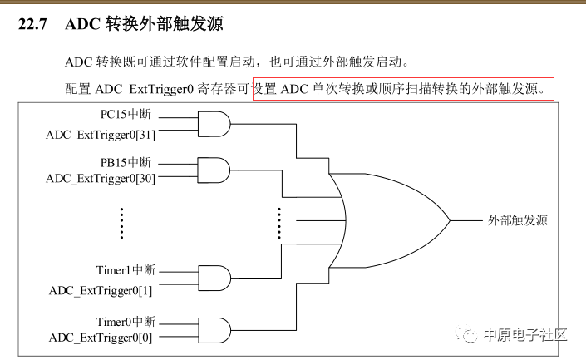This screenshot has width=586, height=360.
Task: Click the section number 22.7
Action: (x=32, y=24)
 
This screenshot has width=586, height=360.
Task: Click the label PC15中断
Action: (x=126, y=114)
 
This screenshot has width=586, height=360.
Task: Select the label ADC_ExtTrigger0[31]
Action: (x=101, y=135)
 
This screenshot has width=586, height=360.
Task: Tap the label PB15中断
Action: (x=126, y=162)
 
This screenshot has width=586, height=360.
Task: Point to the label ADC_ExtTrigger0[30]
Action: (x=101, y=178)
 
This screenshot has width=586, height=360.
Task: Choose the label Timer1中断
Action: (x=126, y=270)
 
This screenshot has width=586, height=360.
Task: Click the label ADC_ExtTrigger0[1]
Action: (x=101, y=290)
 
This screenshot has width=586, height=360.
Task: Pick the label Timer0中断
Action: (x=126, y=322)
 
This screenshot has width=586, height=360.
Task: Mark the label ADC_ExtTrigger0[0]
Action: (x=101, y=338)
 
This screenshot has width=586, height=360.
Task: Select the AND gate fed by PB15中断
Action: (x=214, y=170)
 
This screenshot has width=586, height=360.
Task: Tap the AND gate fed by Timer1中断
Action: (x=214, y=279)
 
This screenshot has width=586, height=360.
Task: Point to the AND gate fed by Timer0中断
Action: (x=214, y=330)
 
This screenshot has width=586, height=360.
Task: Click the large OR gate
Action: (x=392, y=220)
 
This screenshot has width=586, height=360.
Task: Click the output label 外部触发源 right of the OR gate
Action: (x=518, y=220)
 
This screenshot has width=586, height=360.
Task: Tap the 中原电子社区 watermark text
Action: (x=525, y=334)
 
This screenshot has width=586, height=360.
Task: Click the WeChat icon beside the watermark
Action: (x=466, y=334)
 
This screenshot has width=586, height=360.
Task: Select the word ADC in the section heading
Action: (x=82, y=24)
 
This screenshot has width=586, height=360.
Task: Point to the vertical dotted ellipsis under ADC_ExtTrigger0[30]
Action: (x=121, y=223)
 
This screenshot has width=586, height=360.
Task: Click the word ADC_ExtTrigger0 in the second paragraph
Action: (x=145, y=89)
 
